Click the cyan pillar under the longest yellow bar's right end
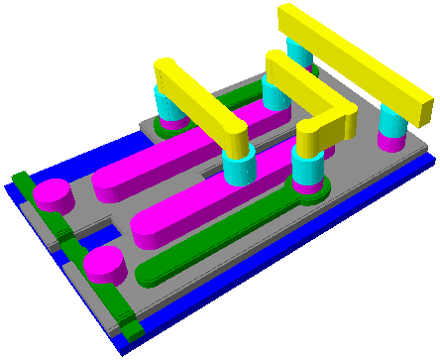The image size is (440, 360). pos(393,125)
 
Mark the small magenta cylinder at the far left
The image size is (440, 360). pos(53,194)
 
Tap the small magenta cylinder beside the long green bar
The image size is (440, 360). pos(104,264)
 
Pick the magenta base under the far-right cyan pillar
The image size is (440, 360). pos(392,143)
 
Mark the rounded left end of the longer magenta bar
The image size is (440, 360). pos(105,183)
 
